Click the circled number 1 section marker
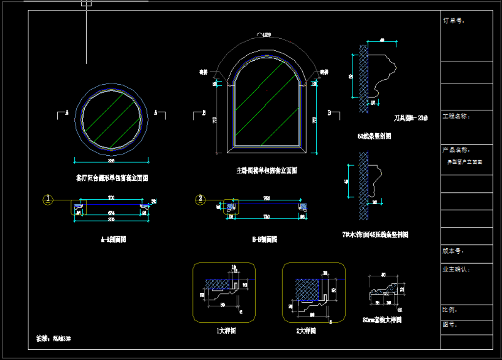coord(48,199)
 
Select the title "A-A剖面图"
coord(113,240)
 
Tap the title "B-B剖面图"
coord(265,240)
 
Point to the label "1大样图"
coord(226,331)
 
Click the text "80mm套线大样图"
coord(382,320)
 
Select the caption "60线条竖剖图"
coord(374,136)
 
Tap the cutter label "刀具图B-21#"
coord(411,118)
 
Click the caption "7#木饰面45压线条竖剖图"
coord(376,235)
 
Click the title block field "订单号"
coord(454,21)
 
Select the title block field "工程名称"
coord(457,117)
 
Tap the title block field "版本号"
coord(454,251)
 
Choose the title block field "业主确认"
coord(456,269)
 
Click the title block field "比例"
coord(450,310)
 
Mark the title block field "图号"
coord(450,324)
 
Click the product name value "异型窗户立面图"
coord(465,162)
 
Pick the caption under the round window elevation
coord(112,178)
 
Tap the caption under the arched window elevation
coord(266,171)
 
